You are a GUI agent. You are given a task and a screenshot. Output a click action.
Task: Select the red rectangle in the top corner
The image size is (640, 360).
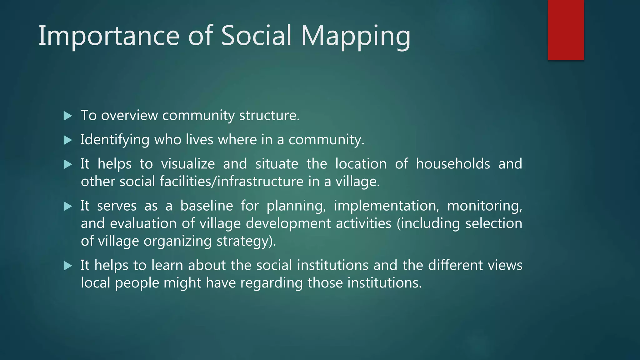click(x=566, y=30)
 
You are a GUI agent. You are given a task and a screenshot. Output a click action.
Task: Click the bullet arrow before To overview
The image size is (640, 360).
click(x=68, y=116)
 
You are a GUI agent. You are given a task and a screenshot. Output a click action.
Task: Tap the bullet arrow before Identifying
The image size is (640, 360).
click(x=68, y=140)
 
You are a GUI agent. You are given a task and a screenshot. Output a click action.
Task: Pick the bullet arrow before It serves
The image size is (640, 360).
click(x=68, y=206)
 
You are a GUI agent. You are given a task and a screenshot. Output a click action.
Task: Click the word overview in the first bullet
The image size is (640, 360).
click(x=129, y=116)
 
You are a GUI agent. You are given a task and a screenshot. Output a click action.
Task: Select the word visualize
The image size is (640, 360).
click(x=188, y=164)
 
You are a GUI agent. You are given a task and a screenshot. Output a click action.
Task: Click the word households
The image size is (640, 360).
click(x=453, y=164)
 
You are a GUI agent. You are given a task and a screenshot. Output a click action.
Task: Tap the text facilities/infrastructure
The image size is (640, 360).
click(x=232, y=182)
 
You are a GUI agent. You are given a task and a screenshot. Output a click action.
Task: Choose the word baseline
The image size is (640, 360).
click(x=207, y=206)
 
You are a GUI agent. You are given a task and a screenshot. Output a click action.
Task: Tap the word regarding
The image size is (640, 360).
click(x=271, y=283)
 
